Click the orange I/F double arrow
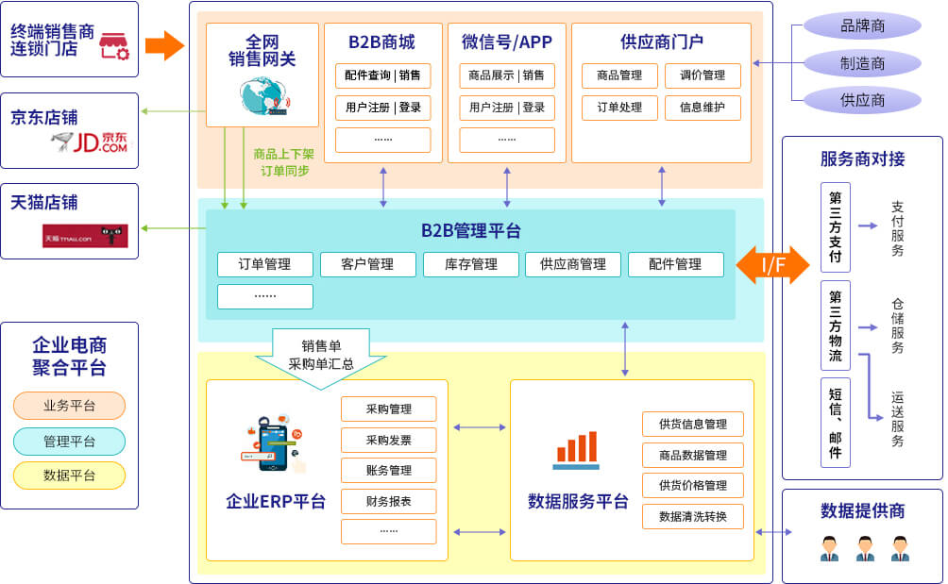tap(772, 265)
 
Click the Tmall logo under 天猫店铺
tap(85, 237)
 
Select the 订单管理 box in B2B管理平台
tap(264, 265)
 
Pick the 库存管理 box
tap(470, 265)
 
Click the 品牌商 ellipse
tap(862, 25)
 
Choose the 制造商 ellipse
tap(862, 63)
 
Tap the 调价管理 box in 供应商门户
tap(702, 76)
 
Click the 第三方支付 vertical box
tap(836, 227)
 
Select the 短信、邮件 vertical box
tap(836, 423)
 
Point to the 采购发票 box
tap(388, 440)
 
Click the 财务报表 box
tap(388, 501)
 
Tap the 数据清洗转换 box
tap(692, 517)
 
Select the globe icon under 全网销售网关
tap(261, 95)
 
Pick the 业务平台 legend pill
tap(69, 406)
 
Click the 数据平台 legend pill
tap(69, 476)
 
